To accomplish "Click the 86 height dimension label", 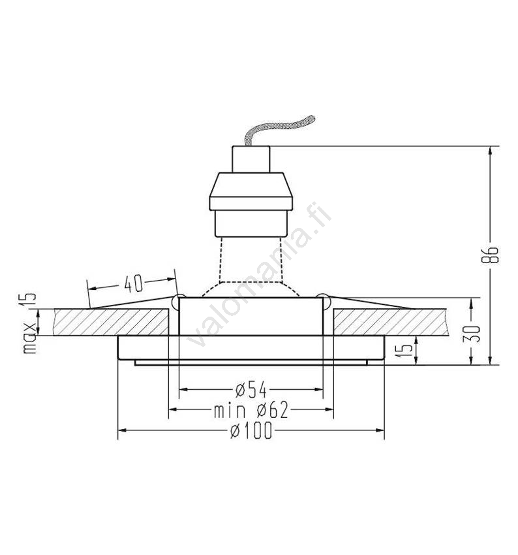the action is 490,255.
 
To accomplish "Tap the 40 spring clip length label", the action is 133,283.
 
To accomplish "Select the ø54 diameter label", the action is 251,389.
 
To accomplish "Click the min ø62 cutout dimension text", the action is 251,410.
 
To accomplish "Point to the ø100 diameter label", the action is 251,430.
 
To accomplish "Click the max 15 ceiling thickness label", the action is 30,323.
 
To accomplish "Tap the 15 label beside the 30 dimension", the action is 406,350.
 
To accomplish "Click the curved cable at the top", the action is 279,129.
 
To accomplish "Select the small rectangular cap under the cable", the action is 251,159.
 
